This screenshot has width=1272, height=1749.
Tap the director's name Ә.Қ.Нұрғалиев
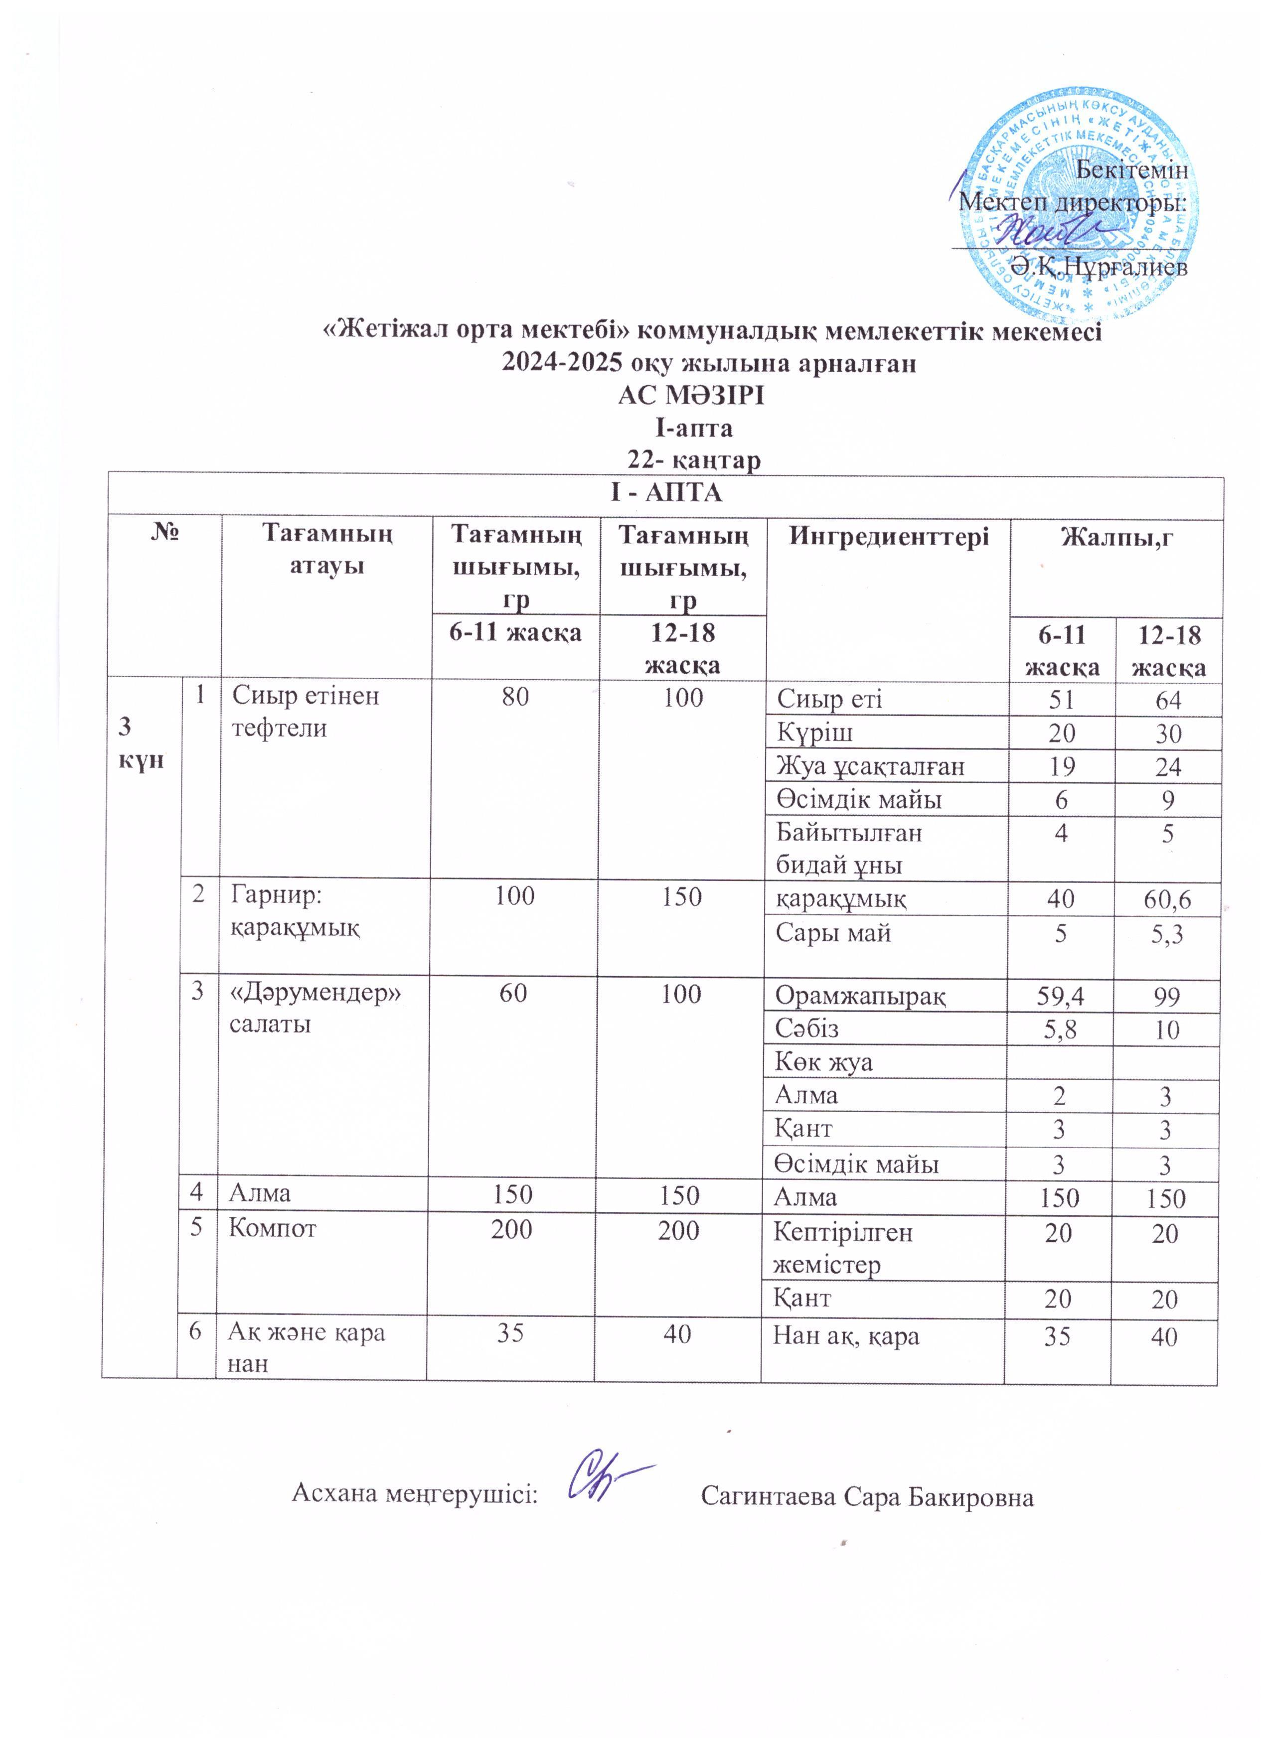pyautogui.click(x=1099, y=267)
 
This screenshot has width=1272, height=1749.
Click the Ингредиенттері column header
pyautogui.click(x=888, y=537)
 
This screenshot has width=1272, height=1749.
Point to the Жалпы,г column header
pyautogui.click(x=1116, y=537)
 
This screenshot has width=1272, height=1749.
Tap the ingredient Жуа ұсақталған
pyautogui.click(x=870, y=766)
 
